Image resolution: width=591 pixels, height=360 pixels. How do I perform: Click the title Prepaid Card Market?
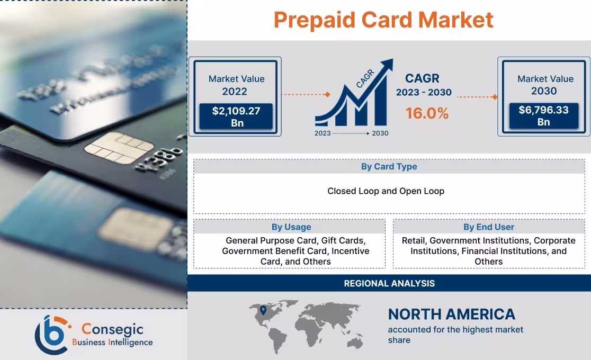point(383,20)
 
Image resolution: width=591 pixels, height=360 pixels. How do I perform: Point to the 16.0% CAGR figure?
point(427,113)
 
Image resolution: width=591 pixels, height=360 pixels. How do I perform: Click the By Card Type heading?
point(389,166)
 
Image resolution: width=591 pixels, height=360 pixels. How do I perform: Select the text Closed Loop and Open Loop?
point(386,191)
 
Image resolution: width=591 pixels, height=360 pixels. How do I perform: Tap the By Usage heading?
point(291,227)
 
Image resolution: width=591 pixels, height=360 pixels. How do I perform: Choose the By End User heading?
point(489,227)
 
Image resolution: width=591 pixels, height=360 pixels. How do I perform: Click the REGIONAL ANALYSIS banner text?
point(389,283)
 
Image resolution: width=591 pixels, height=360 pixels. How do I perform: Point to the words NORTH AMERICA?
point(451,314)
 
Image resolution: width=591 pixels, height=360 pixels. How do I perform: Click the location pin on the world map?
point(263,310)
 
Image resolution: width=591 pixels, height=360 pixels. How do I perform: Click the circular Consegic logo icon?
point(52,334)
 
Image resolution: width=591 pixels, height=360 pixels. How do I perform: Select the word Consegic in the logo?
point(112,329)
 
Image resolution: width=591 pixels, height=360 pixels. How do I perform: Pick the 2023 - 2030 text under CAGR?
point(424,93)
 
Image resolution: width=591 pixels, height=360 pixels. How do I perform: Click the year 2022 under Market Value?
point(235,92)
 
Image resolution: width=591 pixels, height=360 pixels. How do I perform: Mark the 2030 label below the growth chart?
point(380,133)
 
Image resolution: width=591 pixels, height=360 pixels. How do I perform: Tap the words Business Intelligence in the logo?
point(112,343)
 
